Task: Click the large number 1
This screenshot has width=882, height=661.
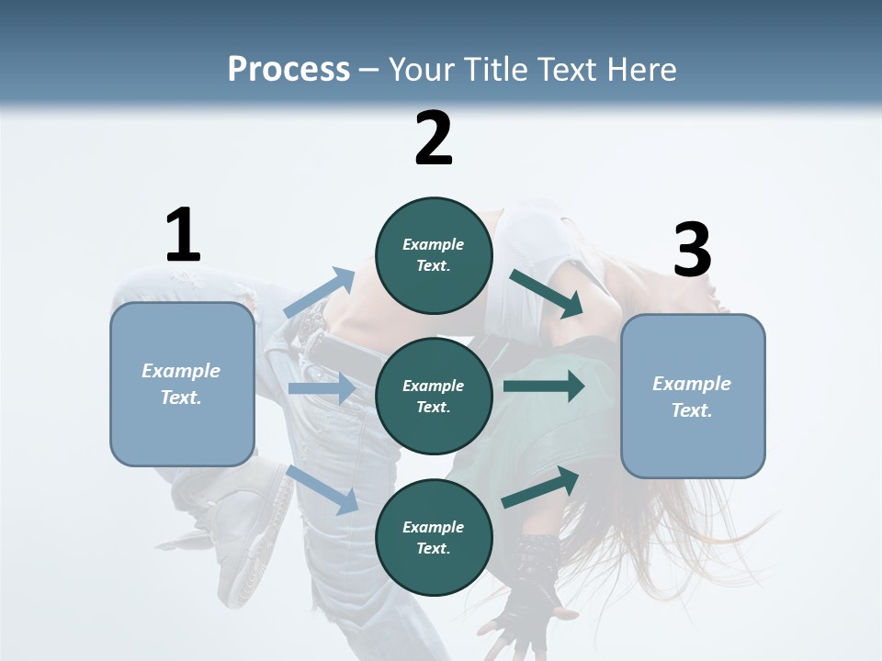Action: pyautogui.click(x=182, y=236)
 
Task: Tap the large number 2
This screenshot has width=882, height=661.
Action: pyautogui.click(x=434, y=139)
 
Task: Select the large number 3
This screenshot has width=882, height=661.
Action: pyautogui.click(x=692, y=251)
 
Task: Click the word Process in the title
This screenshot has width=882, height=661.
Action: pyautogui.click(x=288, y=69)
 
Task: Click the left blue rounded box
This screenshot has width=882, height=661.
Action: pyautogui.click(x=182, y=384)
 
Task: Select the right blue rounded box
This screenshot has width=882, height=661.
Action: pyautogui.click(x=693, y=397)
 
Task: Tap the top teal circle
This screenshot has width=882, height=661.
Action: pyautogui.click(x=434, y=255)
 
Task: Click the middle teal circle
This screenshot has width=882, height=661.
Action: pyautogui.click(x=434, y=396)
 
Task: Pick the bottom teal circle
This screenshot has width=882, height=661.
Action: pyautogui.click(x=434, y=537)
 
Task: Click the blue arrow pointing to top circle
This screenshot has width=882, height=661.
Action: pyautogui.click(x=320, y=293)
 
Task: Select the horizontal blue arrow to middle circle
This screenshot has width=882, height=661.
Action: pyautogui.click(x=322, y=388)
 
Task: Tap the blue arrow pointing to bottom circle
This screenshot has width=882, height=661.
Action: pyautogui.click(x=323, y=489)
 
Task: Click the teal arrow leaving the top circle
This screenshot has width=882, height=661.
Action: pyautogui.click(x=546, y=294)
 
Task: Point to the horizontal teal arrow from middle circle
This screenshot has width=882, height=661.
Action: pyautogui.click(x=544, y=387)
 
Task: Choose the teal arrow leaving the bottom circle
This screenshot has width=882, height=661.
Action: pyautogui.click(x=541, y=487)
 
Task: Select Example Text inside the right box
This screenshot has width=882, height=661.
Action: pyautogui.click(x=692, y=397)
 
